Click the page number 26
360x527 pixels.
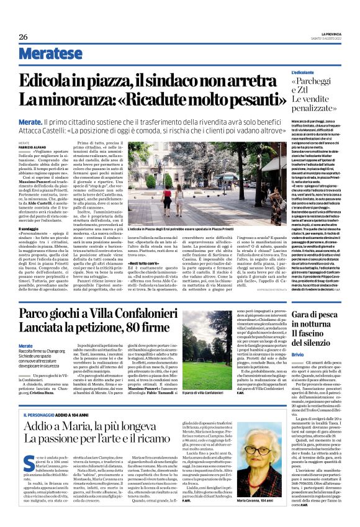(24, 37)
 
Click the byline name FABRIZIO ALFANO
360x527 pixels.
(32, 146)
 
